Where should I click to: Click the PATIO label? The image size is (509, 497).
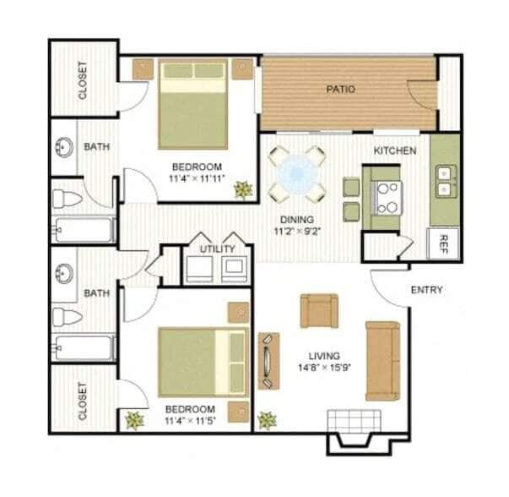[341, 89]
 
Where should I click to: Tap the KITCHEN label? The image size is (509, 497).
[395, 150]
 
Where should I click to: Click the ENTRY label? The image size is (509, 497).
[426, 290]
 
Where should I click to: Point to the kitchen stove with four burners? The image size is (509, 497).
[387, 198]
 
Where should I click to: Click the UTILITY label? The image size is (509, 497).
[217, 249]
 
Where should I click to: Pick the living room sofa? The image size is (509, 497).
[382, 359]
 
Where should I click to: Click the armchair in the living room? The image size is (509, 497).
[318, 310]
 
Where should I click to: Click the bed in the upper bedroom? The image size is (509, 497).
[194, 101]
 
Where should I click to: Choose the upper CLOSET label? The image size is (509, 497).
[83, 80]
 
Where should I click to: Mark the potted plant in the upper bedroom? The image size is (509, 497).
[244, 189]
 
